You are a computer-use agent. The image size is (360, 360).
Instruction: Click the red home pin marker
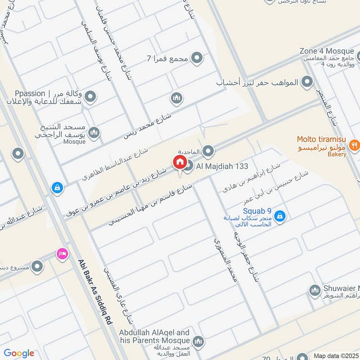tap(179, 162)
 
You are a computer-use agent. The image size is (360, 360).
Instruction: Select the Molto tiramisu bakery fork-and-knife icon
tap(354, 145)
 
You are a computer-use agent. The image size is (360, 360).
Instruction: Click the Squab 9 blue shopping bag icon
tap(280, 216)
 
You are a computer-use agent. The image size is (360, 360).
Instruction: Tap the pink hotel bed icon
tap(62, 254)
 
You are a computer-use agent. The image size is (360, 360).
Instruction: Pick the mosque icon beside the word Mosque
tap(94, 132)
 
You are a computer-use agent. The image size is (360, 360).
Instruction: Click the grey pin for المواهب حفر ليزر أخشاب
tap(307, 82)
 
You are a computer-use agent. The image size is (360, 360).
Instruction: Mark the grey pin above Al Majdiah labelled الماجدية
tap(208, 151)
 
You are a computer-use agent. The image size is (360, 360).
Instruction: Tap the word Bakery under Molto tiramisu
tap(337, 154)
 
